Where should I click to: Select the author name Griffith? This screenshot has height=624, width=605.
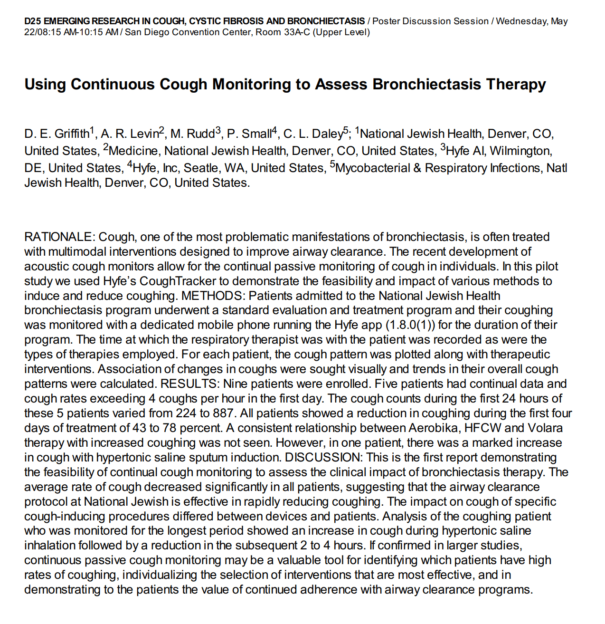point(71,134)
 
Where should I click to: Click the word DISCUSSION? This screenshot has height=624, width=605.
point(322,458)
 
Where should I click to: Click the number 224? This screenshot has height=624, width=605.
point(186,413)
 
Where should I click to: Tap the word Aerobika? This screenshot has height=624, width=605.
point(434,428)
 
